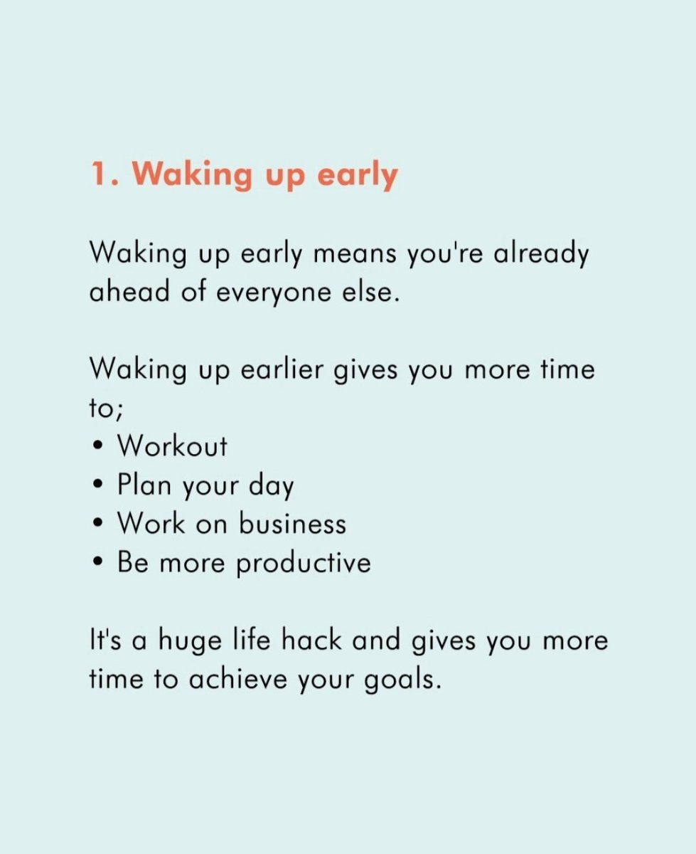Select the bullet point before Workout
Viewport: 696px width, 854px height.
click(x=97, y=448)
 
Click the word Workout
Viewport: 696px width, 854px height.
click(x=172, y=446)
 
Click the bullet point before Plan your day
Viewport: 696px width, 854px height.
click(x=97, y=486)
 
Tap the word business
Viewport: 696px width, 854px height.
click(x=292, y=524)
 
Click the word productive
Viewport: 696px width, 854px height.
click(x=304, y=564)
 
